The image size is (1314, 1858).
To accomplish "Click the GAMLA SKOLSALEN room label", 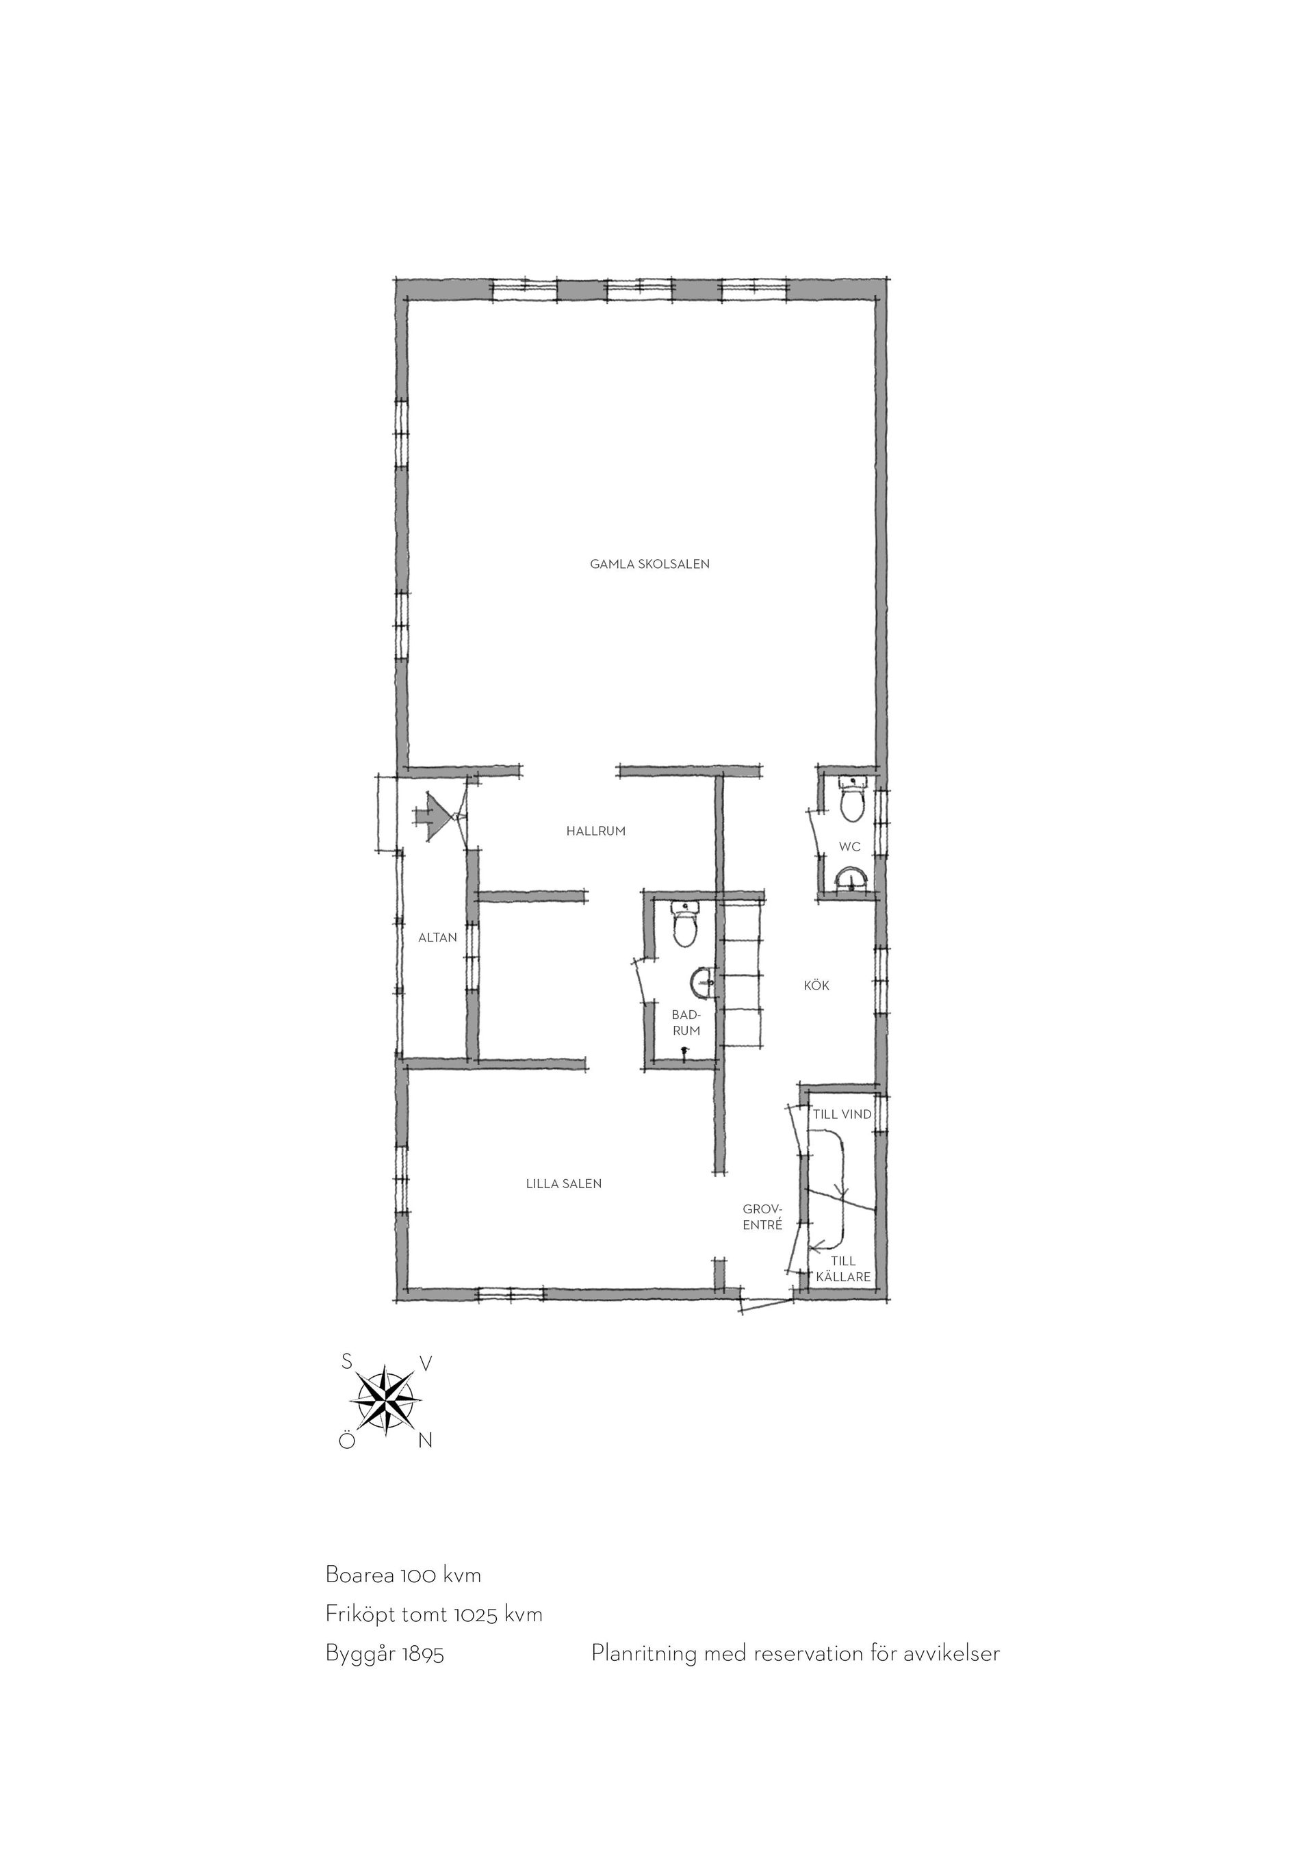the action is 649,564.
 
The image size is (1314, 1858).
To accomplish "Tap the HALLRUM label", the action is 595,830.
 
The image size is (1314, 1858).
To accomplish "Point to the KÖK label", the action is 816,985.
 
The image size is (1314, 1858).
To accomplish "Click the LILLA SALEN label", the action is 564,1183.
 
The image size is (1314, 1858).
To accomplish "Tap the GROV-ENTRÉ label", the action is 762,1216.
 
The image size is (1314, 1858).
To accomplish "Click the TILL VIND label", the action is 842,1113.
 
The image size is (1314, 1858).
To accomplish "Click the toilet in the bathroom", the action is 685,925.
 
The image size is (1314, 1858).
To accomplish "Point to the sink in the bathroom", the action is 702,983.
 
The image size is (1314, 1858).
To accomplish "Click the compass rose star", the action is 385,1401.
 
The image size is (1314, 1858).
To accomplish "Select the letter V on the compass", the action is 426,1363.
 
